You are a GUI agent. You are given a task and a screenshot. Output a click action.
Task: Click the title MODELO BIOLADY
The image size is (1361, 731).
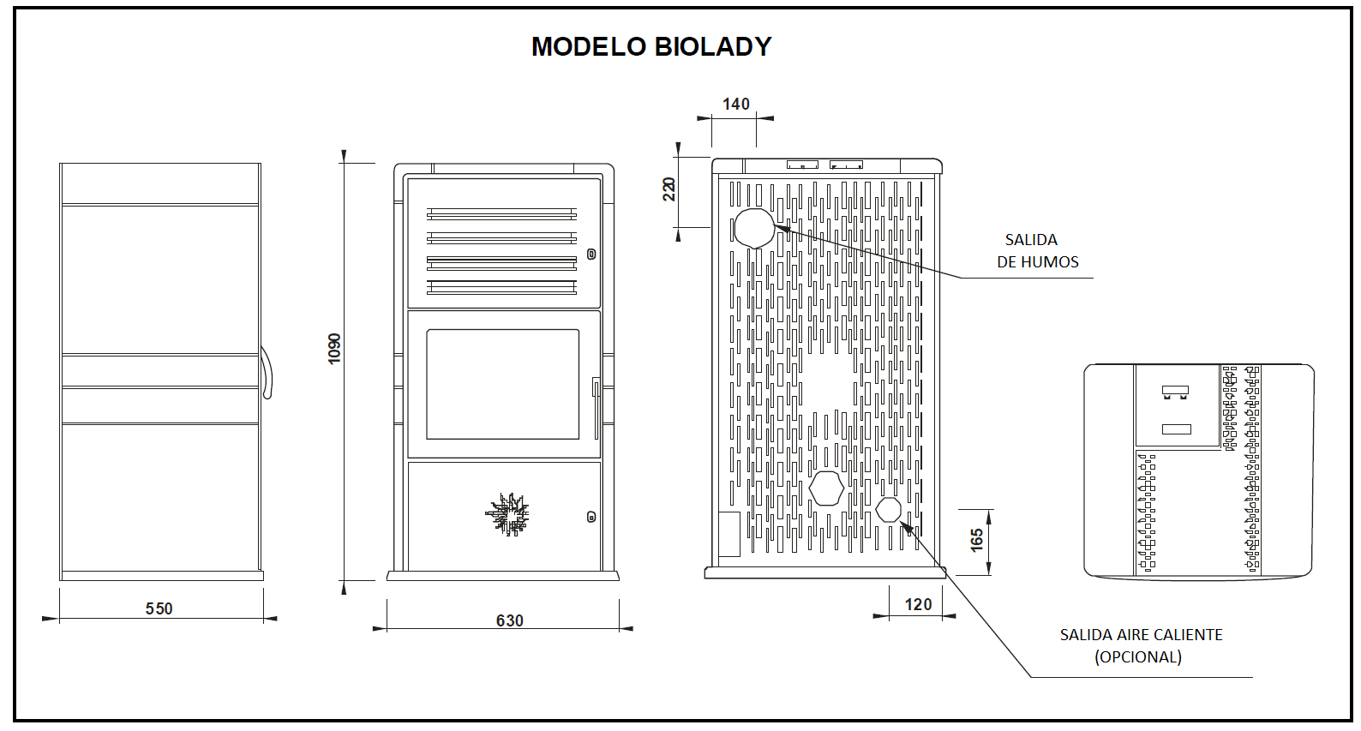tap(651, 46)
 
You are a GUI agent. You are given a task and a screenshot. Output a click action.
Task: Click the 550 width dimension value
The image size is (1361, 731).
tap(159, 608)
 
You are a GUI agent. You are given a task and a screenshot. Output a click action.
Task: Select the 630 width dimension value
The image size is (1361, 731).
tap(509, 620)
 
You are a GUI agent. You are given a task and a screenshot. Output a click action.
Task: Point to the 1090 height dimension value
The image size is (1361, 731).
tap(335, 349)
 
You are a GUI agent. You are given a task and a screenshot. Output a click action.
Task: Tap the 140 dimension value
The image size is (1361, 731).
tap(735, 104)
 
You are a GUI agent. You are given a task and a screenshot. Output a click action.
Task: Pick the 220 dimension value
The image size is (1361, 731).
tap(669, 189)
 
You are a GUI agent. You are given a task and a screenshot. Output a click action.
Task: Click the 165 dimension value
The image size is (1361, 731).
tap(977, 540)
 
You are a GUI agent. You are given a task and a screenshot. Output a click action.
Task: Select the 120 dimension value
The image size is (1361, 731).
tap(918, 604)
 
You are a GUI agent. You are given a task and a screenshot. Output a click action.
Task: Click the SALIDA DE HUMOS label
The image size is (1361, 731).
tap(1036, 251)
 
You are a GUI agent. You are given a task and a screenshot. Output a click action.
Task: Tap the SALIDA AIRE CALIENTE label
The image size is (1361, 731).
tap(1141, 635)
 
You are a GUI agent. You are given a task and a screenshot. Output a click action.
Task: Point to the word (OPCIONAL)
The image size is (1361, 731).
tap(1137, 657)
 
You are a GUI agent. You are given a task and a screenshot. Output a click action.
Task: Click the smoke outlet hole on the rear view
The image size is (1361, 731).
tap(754, 228)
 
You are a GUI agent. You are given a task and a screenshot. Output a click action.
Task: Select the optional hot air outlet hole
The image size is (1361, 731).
tap(888, 509)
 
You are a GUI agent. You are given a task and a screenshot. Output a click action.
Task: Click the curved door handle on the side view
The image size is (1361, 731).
tap(267, 373)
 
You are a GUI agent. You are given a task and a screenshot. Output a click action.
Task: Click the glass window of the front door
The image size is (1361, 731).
tap(503, 384)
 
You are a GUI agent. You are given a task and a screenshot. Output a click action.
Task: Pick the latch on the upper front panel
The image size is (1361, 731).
tap(591, 255)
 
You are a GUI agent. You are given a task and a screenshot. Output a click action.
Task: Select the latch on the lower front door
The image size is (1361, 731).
tap(591, 517)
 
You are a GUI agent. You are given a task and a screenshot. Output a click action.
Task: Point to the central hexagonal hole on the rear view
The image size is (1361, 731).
tap(826, 488)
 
